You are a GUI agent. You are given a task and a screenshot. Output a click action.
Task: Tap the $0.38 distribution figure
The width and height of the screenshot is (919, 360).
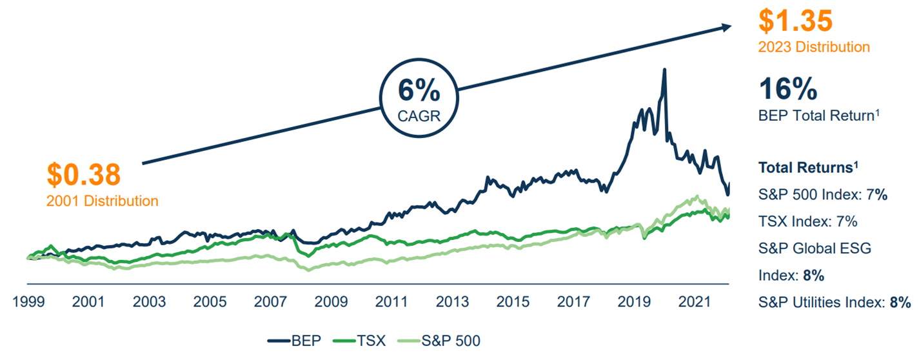(84, 175)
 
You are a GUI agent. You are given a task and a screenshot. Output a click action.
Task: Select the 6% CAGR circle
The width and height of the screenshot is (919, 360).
(419, 99)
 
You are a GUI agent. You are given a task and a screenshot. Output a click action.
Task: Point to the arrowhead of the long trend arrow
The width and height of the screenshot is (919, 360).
(727, 26)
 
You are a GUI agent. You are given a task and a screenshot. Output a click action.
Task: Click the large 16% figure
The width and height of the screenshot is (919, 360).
(788, 89)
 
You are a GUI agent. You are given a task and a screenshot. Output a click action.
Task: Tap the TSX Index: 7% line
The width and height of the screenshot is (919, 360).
(807, 221)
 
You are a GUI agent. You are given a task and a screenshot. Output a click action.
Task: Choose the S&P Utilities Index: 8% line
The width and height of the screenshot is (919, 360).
(835, 302)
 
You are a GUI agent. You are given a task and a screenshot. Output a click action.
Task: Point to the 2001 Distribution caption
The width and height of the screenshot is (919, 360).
(102, 201)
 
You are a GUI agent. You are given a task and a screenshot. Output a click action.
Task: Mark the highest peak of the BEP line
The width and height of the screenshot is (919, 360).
(664, 70)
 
